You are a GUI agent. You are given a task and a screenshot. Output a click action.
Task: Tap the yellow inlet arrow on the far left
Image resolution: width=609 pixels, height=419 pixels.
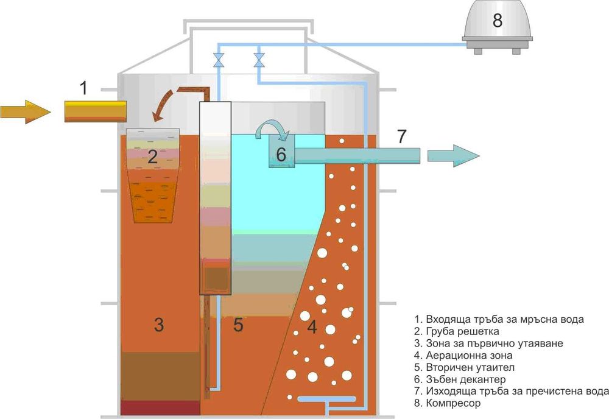tap(24, 111)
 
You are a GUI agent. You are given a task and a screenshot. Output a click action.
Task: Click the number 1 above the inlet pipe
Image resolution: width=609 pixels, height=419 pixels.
tap(83, 89)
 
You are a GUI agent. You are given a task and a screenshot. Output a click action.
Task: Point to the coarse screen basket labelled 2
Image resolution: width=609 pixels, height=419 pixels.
tap(152, 177)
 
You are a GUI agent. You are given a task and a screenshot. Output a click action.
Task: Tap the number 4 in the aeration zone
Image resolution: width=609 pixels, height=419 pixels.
tap(311, 328)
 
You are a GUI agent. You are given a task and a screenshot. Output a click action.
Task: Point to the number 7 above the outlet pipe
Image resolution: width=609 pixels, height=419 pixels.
tap(401, 137)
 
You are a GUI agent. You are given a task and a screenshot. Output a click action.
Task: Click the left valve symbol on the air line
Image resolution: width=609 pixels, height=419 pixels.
tap(218, 60)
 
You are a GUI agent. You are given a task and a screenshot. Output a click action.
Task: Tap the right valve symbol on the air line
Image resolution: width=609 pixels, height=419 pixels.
tap(259, 60)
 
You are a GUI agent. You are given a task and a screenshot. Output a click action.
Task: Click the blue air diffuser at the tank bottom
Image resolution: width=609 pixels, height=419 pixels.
tap(326, 400)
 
